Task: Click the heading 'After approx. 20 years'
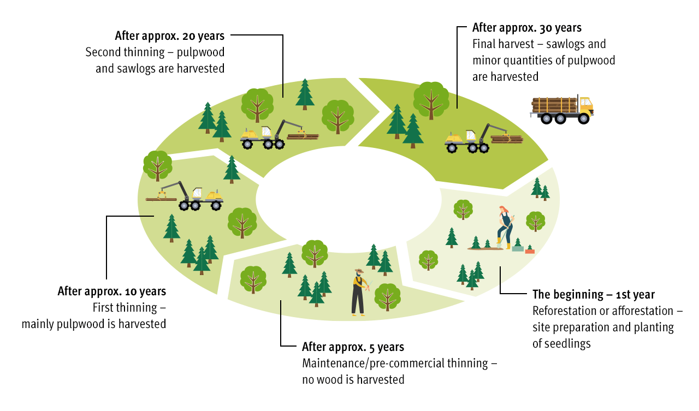pyautogui.click(x=169, y=36)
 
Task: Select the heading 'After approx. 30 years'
pyautogui.click(x=527, y=28)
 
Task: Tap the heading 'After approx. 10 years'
pyautogui.click(x=112, y=291)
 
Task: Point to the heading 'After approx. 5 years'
pyautogui.click(x=353, y=347)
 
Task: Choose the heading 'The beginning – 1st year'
pyautogui.click(x=594, y=295)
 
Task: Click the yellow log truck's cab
pyautogui.click(x=585, y=105)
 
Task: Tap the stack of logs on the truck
pyautogui.click(x=554, y=105)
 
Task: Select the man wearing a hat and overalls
pyautogui.click(x=358, y=292)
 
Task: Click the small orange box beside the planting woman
pyautogui.click(x=530, y=251)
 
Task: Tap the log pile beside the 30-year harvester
pyautogui.click(x=507, y=139)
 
